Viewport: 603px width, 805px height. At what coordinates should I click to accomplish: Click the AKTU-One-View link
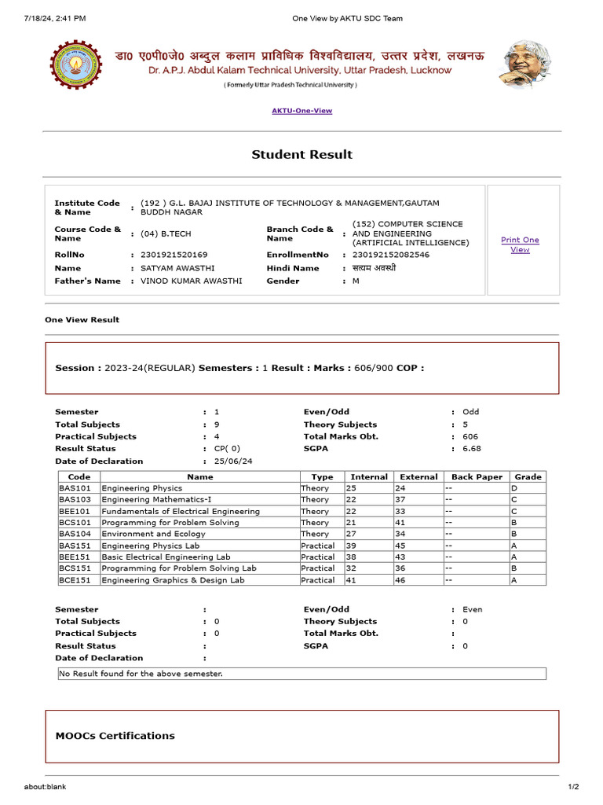coord(301,111)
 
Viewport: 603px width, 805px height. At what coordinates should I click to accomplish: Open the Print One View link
coord(520,244)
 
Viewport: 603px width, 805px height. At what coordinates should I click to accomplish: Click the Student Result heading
coord(301,155)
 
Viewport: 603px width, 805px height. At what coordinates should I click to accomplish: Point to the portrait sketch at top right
coord(525,64)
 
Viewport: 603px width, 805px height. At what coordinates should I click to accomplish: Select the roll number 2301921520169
coord(174,255)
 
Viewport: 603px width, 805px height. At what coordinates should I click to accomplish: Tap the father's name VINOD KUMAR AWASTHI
coord(192,281)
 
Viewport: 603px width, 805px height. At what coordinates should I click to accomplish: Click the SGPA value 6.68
coord(470,449)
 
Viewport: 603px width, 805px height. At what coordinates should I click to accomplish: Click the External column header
coord(418,476)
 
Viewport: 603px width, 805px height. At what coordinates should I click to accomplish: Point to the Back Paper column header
coord(477,476)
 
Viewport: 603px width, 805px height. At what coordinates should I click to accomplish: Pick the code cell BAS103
coord(75,499)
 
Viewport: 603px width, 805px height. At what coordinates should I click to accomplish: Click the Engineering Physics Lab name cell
coord(151,546)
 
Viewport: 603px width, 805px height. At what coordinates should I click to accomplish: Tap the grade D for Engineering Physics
coord(514,488)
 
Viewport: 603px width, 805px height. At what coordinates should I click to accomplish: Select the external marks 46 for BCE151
coord(400,580)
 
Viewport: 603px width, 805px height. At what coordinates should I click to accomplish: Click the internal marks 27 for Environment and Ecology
coord(351,534)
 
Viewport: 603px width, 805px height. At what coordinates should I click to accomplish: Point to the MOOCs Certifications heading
coord(115,736)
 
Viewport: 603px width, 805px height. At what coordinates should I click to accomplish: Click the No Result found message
coord(141,674)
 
